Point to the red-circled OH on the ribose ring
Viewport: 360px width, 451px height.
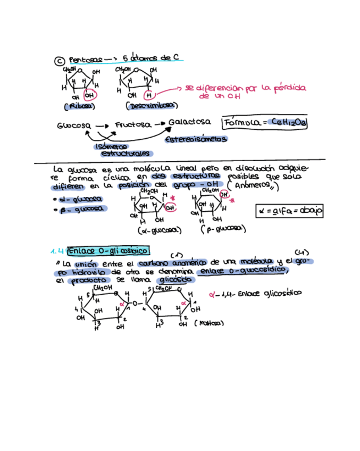(91, 96)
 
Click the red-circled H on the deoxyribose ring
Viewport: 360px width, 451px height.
(149, 95)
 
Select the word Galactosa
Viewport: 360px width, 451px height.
(189, 122)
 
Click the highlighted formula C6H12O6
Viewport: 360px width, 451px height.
(288, 123)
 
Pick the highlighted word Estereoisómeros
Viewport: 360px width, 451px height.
(196, 139)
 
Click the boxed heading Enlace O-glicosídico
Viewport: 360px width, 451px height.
(109, 250)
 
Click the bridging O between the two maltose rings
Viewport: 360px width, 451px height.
(136, 304)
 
